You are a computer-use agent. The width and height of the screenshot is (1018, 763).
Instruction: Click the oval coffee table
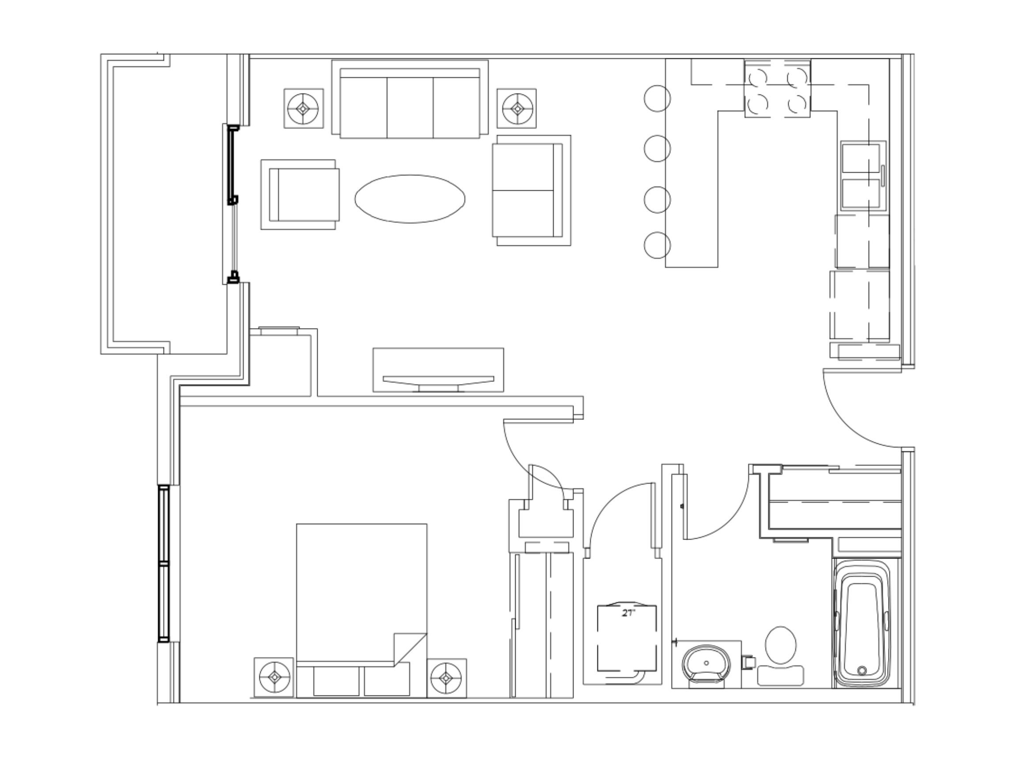(x=410, y=199)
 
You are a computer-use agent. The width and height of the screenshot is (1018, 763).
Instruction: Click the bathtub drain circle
(x=862, y=671)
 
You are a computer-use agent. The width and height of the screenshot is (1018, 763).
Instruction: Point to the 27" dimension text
(x=628, y=613)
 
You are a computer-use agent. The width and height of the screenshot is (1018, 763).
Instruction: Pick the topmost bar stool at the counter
(x=657, y=98)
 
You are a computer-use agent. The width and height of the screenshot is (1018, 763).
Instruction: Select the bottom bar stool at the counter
(x=657, y=245)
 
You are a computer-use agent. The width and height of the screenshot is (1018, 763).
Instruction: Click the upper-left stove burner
(x=757, y=77)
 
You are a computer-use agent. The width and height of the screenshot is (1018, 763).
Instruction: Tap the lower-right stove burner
(x=797, y=105)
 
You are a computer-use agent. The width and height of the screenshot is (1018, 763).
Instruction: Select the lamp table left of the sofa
(x=303, y=109)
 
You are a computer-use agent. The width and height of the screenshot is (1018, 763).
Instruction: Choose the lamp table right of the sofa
(x=517, y=109)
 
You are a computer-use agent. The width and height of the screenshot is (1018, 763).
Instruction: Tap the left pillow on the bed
(x=336, y=681)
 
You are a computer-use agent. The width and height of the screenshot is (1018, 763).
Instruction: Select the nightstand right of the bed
(x=446, y=678)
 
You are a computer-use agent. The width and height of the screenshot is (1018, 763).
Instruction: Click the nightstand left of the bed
(x=274, y=677)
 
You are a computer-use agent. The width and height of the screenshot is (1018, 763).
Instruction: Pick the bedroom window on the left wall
(x=163, y=563)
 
